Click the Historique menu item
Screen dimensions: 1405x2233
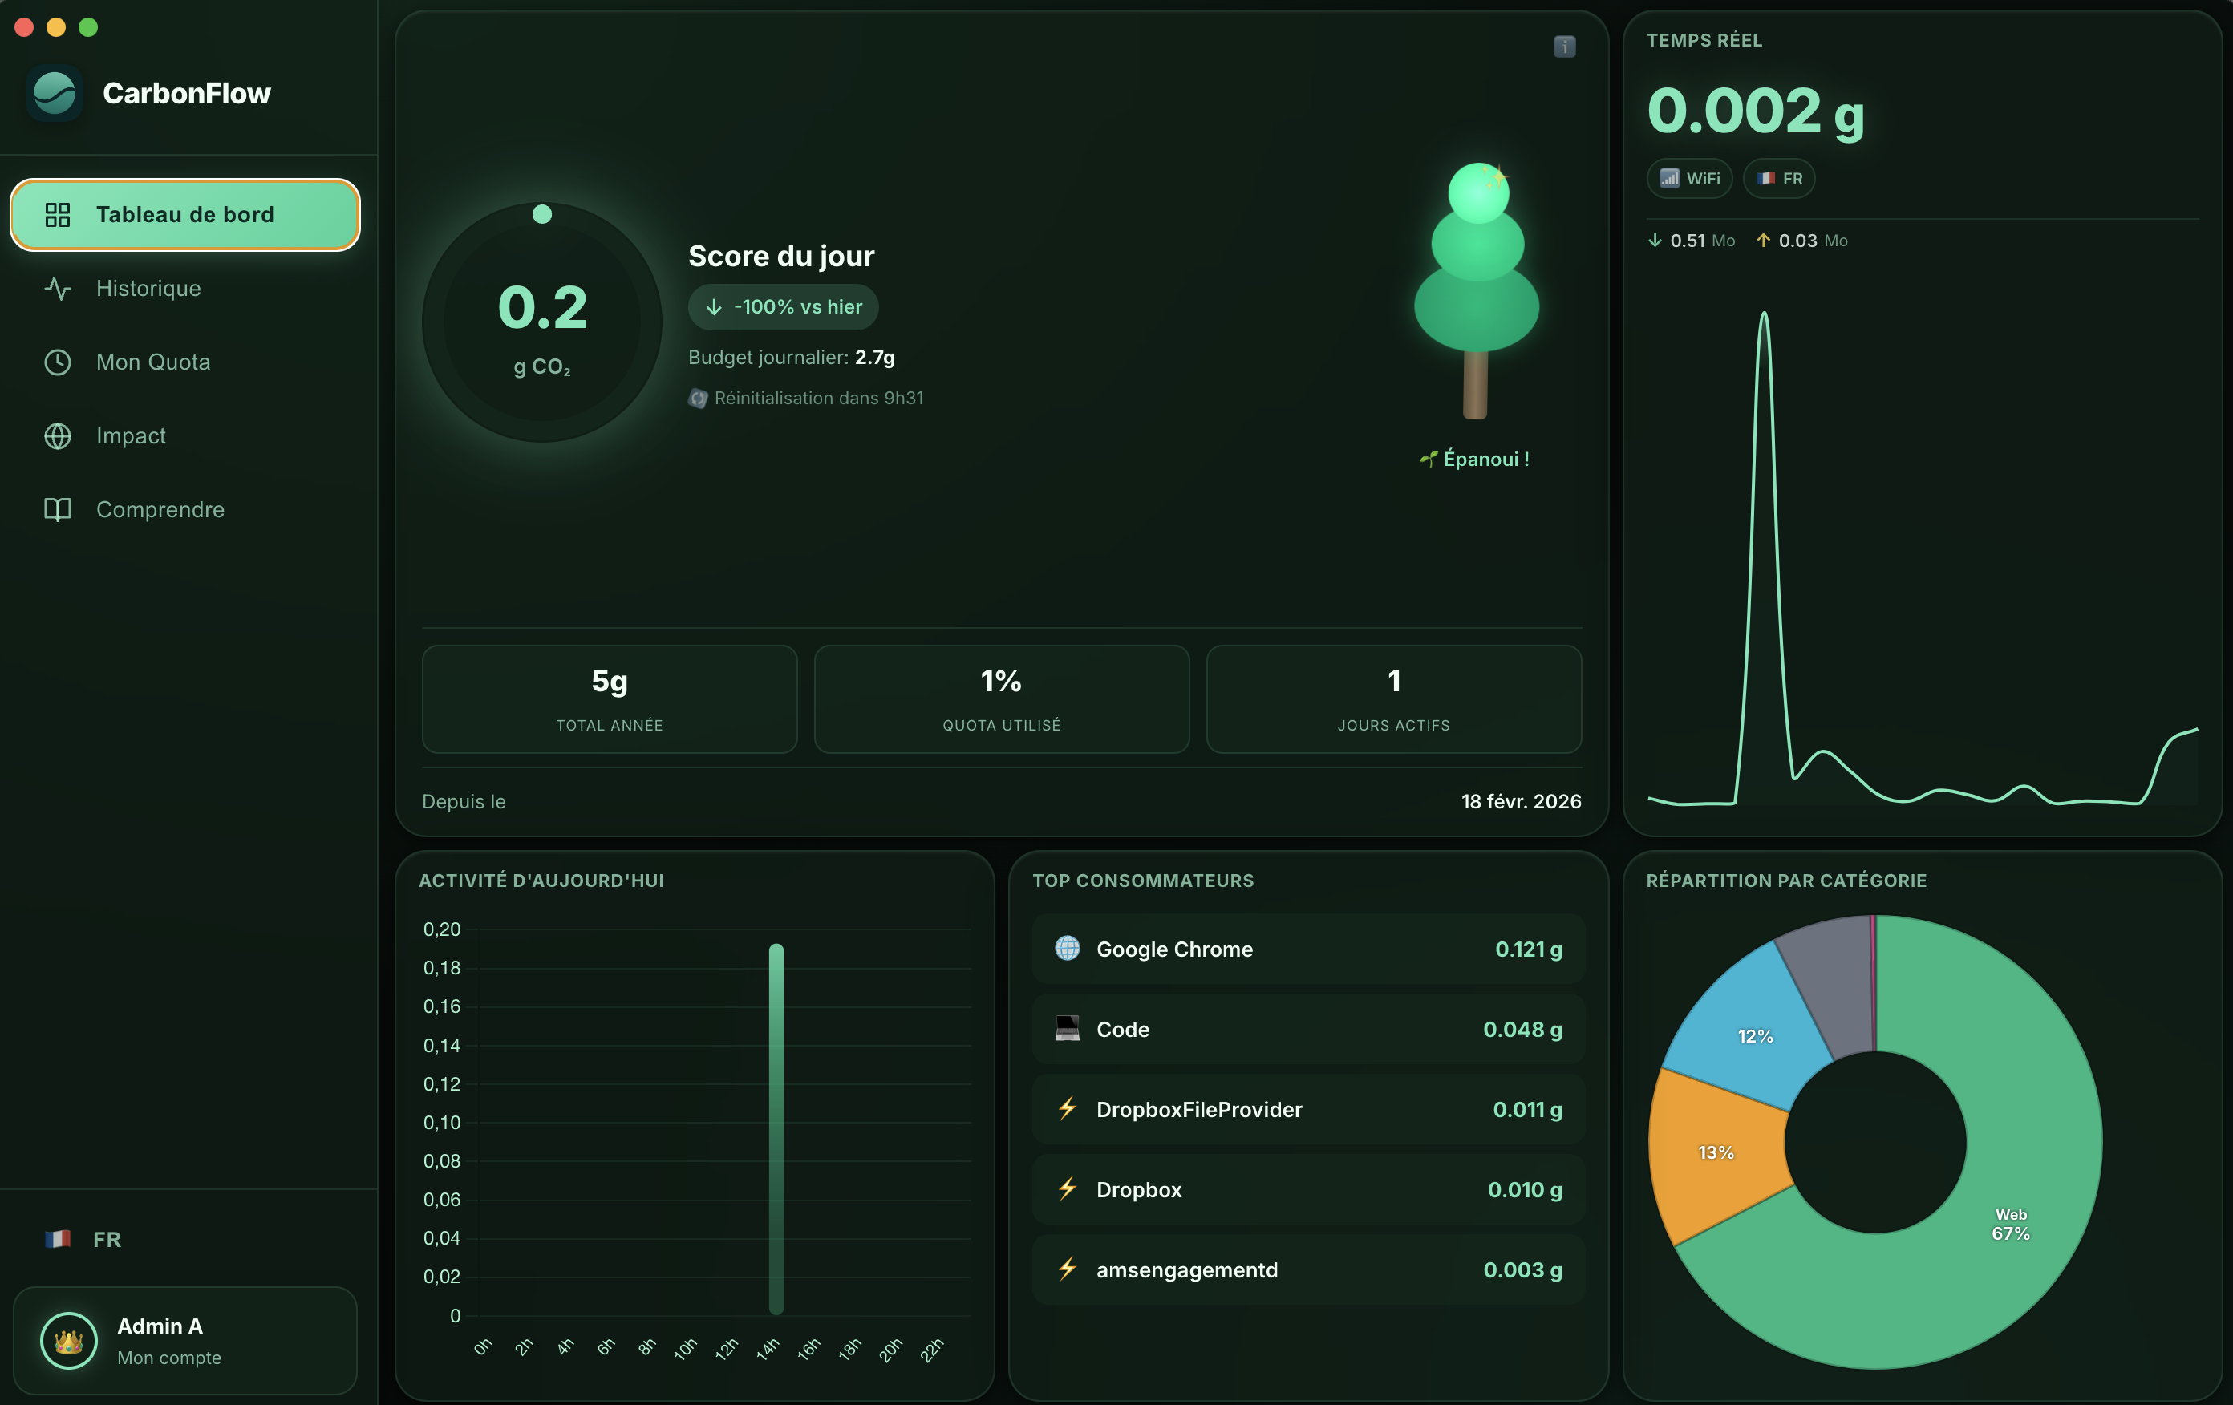(x=148, y=289)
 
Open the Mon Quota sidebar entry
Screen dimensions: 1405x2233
(x=153, y=362)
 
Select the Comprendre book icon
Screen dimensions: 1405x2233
(x=58, y=509)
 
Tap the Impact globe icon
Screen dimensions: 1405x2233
(x=58, y=436)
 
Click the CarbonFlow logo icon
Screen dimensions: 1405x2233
(x=55, y=94)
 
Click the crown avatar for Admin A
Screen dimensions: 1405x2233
(x=69, y=1340)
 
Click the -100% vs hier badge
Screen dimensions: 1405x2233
(x=783, y=307)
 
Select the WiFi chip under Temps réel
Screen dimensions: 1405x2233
(x=1688, y=178)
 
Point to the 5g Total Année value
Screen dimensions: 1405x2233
(x=610, y=682)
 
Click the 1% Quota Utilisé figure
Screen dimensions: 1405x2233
(x=1000, y=682)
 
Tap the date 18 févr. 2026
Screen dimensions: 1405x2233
(x=1520, y=801)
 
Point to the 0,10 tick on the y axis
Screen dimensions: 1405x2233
(x=441, y=1122)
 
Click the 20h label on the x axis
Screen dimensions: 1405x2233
(x=890, y=1350)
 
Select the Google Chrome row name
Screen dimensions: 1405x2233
(x=1174, y=949)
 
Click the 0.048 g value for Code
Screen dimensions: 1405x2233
(x=1522, y=1030)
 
